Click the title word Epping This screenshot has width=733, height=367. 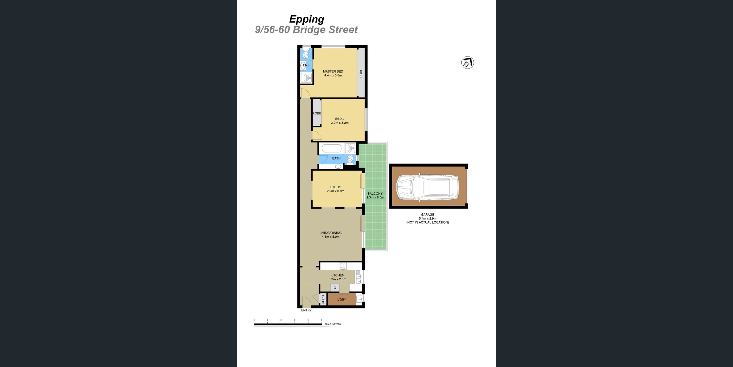(x=307, y=19)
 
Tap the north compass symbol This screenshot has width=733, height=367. (x=467, y=63)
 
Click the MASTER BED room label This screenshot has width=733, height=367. (x=333, y=71)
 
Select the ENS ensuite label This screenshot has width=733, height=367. (x=306, y=65)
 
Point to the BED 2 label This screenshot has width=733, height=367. (x=340, y=119)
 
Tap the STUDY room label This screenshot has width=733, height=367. (x=336, y=187)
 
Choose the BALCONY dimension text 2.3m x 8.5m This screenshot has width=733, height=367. (x=375, y=197)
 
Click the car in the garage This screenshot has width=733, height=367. (x=428, y=188)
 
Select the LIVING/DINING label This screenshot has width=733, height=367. (x=331, y=233)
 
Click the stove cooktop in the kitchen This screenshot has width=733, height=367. (x=343, y=266)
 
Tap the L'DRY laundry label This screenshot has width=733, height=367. (x=341, y=300)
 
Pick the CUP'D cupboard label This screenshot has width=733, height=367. (x=323, y=300)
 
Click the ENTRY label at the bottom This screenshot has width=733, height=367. (x=306, y=310)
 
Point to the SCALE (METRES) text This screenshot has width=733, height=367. (x=333, y=324)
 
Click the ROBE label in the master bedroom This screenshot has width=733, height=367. (x=361, y=73)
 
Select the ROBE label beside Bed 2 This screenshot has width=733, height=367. (x=317, y=113)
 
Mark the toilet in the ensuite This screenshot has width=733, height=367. (x=306, y=54)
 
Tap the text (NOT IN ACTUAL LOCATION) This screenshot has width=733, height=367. (x=427, y=222)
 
